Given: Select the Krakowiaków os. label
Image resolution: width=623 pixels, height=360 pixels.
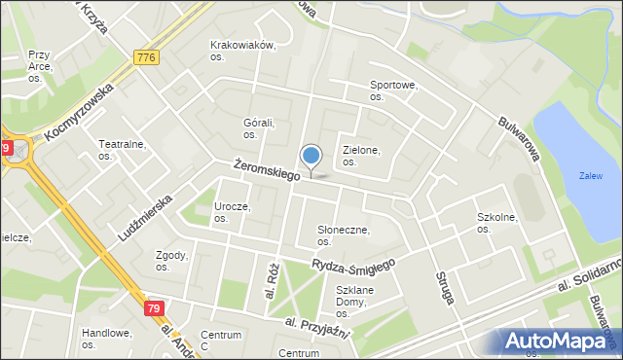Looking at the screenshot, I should pos(243,51).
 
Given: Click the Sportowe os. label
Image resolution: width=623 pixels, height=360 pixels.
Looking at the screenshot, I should pos(393,91).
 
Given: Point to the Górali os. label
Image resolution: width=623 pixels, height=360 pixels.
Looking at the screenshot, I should pos(259,128).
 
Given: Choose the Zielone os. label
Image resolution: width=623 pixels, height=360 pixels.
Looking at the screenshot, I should pos(361,156).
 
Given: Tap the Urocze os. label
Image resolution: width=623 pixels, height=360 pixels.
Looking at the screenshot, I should pos(232,212).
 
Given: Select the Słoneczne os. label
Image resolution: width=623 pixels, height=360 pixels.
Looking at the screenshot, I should pos(343,235).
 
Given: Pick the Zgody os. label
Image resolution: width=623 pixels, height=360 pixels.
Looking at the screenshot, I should pos(171,260).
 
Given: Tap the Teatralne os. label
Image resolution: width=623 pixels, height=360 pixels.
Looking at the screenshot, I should pos(122,150).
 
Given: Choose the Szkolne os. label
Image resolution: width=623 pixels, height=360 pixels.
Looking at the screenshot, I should pos(496,223).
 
